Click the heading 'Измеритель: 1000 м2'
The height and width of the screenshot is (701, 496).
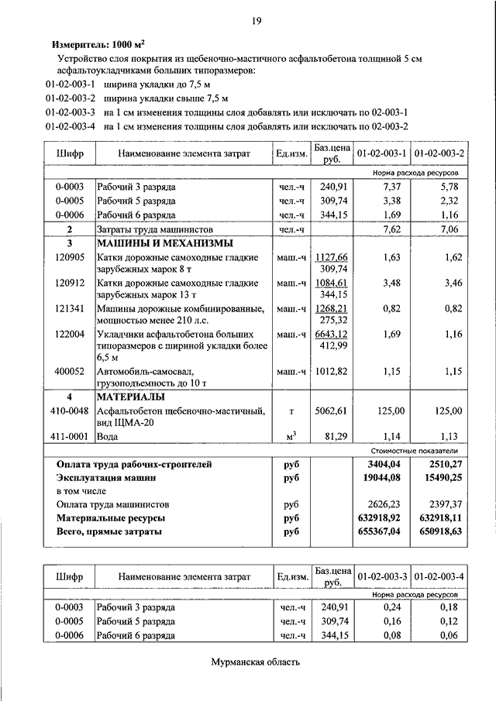[98, 45]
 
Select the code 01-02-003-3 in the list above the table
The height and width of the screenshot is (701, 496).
[70, 112]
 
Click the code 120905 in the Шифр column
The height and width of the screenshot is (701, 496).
[70, 257]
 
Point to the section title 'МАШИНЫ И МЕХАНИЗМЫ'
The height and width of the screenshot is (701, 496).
[150, 243]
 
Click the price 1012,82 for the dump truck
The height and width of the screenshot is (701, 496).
[331, 371]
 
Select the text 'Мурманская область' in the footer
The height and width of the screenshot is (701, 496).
[254, 662]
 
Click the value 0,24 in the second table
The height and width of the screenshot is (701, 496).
[391, 608]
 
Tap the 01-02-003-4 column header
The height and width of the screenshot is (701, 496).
[439, 577]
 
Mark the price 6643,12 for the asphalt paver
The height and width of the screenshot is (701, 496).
[331, 334]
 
